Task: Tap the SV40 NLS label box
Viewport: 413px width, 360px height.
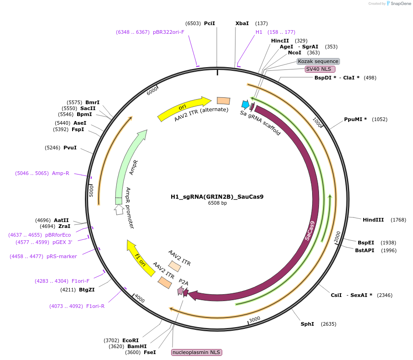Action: pyautogui.click(x=320, y=69)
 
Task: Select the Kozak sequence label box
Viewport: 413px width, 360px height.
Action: pyautogui.click(x=318, y=61)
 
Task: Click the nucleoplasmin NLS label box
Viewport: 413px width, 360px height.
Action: pyautogui.click(x=196, y=352)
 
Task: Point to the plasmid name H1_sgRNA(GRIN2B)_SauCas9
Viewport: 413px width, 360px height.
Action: pyautogui.click(x=217, y=197)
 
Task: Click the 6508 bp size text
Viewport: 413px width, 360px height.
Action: pyautogui.click(x=217, y=203)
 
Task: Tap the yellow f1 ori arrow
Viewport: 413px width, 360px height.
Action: pyautogui.click(x=141, y=258)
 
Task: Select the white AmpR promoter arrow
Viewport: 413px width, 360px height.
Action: pyautogui.click(x=119, y=210)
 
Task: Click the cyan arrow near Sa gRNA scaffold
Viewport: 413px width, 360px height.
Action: pyautogui.click(x=246, y=104)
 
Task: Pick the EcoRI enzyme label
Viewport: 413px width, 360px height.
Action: pyautogui.click(x=131, y=340)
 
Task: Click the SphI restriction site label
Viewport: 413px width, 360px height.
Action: pyautogui.click(x=307, y=324)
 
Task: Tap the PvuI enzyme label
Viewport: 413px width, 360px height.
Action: pyautogui.click(x=70, y=148)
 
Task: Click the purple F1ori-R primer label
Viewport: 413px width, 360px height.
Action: pyautogui.click(x=95, y=306)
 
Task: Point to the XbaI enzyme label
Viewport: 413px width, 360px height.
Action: pyautogui.click(x=242, y=23)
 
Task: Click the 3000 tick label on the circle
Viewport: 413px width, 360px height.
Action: pyautogui.click(x=254, y=319)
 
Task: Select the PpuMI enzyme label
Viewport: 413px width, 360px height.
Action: pyautogui.click(x=355, y=119)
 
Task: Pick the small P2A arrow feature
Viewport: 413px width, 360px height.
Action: pyautogui.click(x=181, y=291)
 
